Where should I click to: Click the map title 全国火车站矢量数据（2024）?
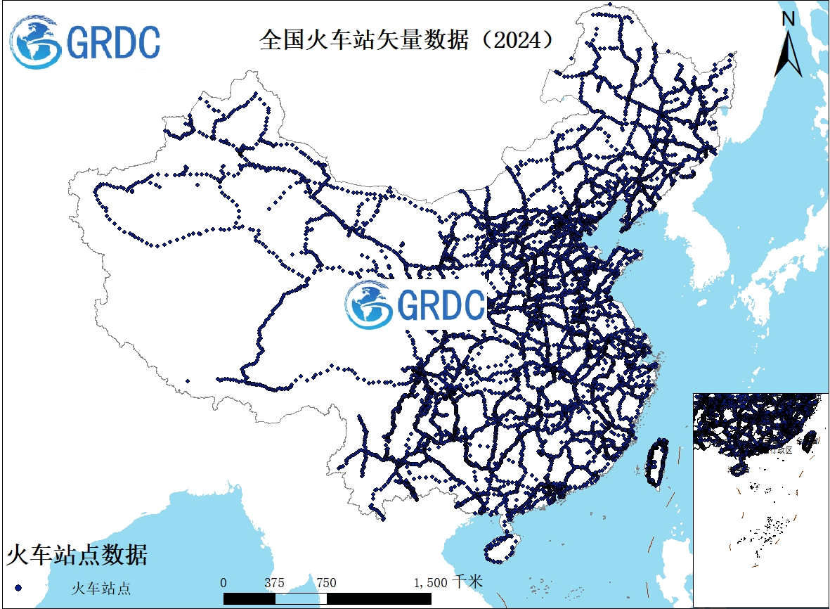point(406,40)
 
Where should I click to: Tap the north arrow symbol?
point(788,53)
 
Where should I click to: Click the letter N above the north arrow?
point(789,18)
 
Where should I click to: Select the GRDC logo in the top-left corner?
point(85,42)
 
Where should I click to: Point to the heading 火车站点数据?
point(77,554)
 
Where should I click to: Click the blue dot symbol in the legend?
point(19,586)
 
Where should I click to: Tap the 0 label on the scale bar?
point(223,582)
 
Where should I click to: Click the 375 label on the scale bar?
point(275,582)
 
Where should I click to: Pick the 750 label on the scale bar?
point(326,582)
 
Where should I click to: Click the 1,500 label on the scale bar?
point(430,582)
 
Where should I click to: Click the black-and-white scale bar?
point(328,598)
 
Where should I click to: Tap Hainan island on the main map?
point(502,547)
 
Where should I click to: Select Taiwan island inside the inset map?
point(809,440)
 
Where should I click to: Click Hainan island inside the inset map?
point(739,469)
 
